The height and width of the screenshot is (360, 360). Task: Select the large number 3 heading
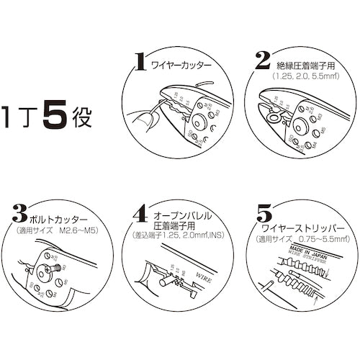point(21,215)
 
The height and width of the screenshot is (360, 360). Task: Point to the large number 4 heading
point(141,215)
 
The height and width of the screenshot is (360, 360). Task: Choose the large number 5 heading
point(264,215)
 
